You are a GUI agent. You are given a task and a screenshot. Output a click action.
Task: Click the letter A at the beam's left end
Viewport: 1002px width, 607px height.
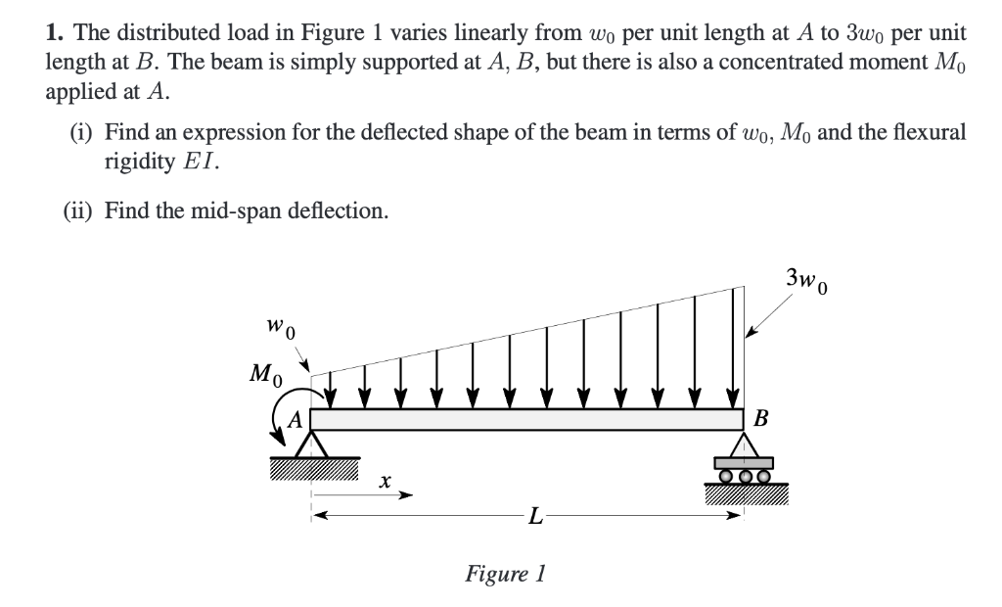293,420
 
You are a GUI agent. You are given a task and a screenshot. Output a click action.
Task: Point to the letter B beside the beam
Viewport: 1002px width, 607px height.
762,419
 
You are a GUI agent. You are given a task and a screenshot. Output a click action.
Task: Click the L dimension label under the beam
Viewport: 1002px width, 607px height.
532,515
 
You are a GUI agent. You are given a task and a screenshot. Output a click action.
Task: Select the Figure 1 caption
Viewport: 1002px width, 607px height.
504,573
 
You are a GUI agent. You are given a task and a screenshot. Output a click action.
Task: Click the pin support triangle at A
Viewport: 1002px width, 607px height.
311,444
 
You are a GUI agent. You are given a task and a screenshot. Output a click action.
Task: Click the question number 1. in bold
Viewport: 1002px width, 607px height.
54,31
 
